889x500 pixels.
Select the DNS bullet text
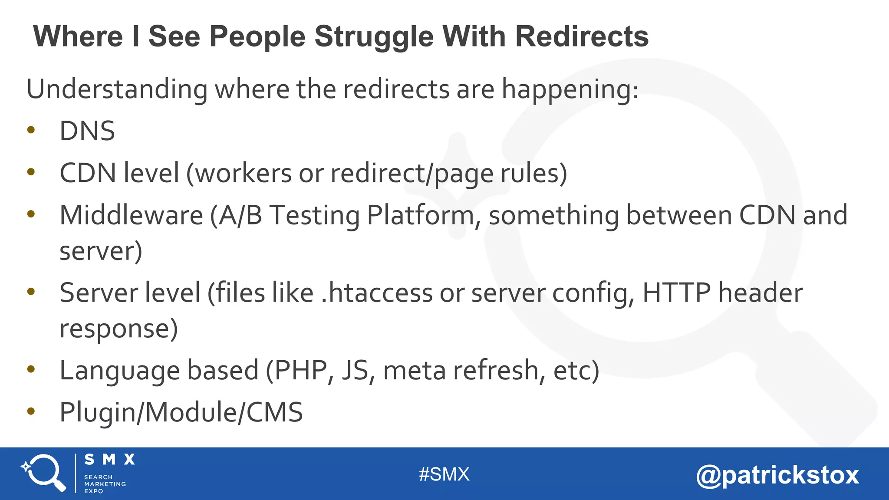(87, 131)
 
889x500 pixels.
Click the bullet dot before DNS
(31, 130)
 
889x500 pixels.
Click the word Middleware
(131, 215)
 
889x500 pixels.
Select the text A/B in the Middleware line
(240, 215)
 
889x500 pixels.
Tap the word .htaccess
(377, 293)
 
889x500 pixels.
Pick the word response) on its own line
(119, 329)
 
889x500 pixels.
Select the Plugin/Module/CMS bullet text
(181, 412)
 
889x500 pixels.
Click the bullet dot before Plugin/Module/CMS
(31, 411)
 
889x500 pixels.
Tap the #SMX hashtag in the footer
(444, 474)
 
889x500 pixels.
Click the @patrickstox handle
(777, 475)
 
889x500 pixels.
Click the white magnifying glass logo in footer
(44, 473)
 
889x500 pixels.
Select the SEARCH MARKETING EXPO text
(105, 484)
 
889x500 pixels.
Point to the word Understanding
(117, 89)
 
